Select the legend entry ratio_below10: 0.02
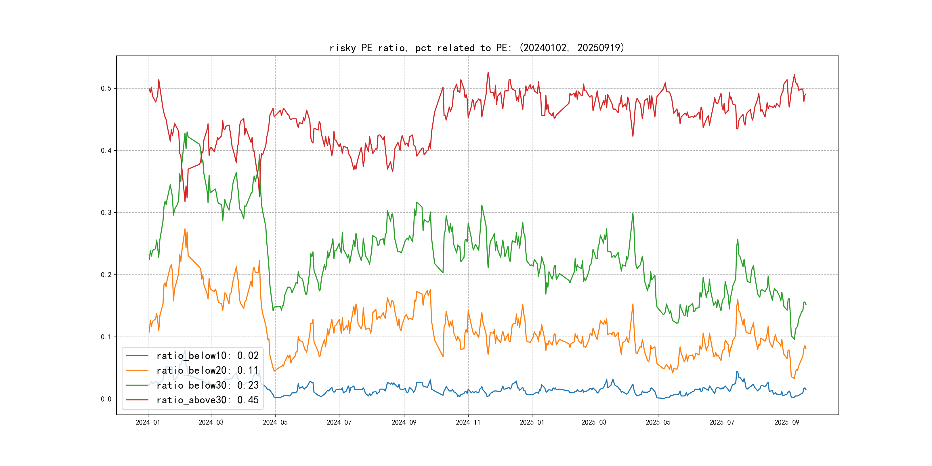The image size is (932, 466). [207, 356]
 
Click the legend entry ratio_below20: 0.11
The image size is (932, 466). [207, 370]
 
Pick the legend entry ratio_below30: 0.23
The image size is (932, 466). [207, 385]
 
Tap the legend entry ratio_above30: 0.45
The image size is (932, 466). [207, 400]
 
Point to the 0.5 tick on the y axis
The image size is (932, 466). [106, 88]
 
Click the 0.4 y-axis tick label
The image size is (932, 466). [106, 150]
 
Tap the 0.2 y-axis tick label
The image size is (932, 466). [106, 275]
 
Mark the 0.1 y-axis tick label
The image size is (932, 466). [106, 337]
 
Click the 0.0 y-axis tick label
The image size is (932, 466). [106, 399]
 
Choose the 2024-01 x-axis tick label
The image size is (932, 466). [148, 422]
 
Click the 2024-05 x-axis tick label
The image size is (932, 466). [275, 422]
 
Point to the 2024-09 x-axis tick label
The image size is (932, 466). [404, 422]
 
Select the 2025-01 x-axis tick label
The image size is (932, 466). [532, 422]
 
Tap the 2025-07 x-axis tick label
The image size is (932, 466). [722, 422]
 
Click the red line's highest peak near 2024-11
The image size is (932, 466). [488, 72]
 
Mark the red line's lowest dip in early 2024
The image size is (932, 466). [185, 201]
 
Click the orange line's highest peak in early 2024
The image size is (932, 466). [185, 229]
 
